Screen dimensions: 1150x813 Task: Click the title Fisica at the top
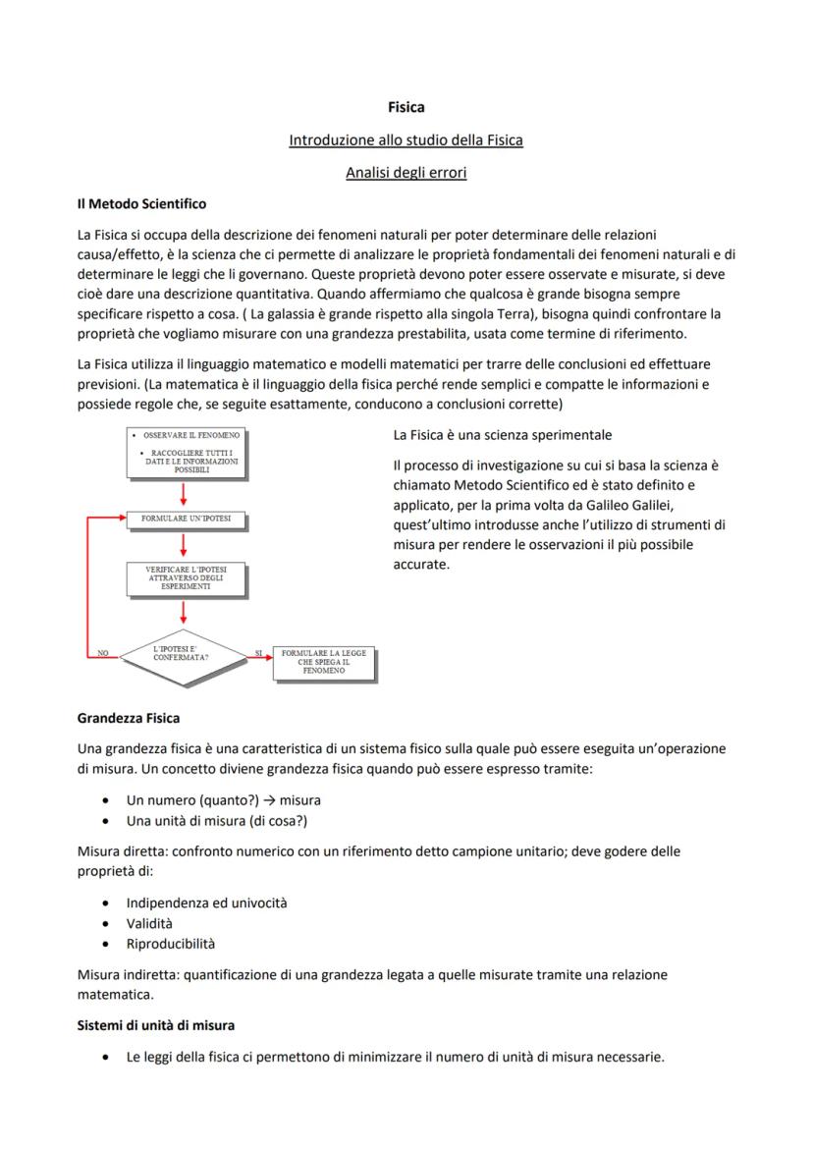406,107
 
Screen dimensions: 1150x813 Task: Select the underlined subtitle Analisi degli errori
406,173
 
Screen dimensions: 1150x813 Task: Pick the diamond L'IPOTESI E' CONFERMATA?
185,653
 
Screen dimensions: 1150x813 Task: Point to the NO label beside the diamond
102,651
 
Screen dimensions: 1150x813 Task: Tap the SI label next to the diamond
258,651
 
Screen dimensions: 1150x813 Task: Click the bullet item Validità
149,923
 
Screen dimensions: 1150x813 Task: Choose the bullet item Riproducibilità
171,944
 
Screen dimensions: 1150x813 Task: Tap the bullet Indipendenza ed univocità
206,903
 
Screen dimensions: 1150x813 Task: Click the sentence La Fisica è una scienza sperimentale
502,434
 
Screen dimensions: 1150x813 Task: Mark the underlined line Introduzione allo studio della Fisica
406,140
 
